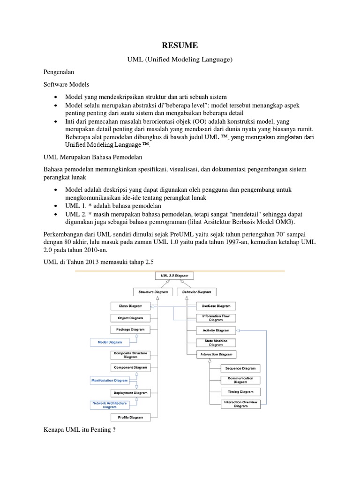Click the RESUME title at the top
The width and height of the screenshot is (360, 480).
click(x=180, y=45)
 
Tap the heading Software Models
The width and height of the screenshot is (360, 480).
click(x=62, y=86)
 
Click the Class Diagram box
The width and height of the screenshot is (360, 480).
click(x=130, y=306)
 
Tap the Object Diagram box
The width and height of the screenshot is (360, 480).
click(x=130, y=318)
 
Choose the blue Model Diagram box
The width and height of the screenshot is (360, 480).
click(x=109, y=342)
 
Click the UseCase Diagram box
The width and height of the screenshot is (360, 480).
click(x=215, y=306)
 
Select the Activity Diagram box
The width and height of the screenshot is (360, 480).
click(x=216, y=330)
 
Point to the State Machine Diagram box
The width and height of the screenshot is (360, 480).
click(x=216, y=343)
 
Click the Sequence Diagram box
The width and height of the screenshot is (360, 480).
click(x=240, y=368)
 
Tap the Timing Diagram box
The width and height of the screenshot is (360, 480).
click(x=240, y=391)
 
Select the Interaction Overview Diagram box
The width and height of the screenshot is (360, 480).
click(x=240, y=404)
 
